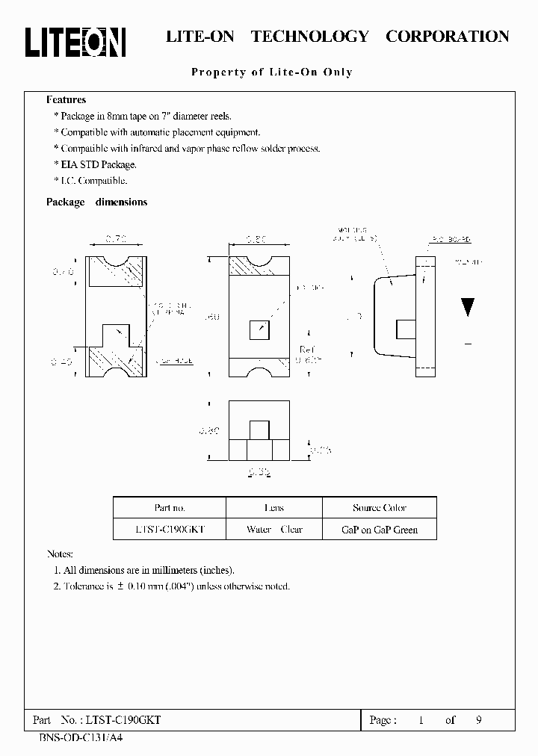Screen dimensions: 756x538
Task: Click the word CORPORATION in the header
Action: point(447,36)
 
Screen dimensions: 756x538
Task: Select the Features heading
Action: point(66,100)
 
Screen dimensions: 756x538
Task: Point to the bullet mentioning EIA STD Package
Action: point(96,164)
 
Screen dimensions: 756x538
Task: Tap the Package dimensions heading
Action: point(96,202)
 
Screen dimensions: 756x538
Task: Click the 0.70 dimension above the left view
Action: point(115,239)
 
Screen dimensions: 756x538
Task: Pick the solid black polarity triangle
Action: point(468,307)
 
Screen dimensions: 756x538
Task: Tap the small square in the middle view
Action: point(259,329)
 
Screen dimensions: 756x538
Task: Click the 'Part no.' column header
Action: point(170,508)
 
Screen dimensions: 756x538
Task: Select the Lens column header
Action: point(274,508)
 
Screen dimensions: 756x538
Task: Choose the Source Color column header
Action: point(380,508)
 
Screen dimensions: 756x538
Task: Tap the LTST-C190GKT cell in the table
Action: point(170,529)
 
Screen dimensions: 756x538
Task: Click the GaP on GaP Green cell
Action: point(380,529)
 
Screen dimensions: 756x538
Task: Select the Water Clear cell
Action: point(274,529)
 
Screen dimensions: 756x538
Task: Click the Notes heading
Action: point(60,554)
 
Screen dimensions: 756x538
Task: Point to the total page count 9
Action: point(478,720)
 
